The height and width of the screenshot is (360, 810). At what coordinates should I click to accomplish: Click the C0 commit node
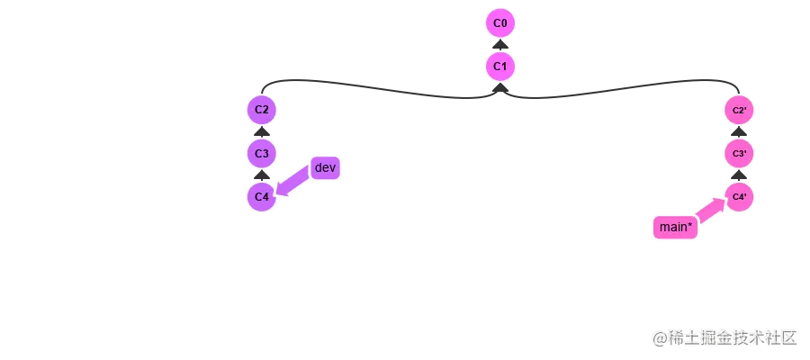pyautogui.click(x=500, y=22)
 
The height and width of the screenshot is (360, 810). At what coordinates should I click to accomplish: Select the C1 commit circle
pyautogui.click(x=500, y=66)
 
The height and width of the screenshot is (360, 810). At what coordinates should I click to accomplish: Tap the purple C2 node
pyautogui.click(x=261, y=110)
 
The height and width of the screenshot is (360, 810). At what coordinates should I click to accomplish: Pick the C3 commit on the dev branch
pyautogui.click(x=261, y=153)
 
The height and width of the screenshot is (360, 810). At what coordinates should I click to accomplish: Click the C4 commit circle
pyautogui.click(x=261, y=196)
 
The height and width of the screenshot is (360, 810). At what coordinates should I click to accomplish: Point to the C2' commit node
pyautogui.click(x=739, y=110)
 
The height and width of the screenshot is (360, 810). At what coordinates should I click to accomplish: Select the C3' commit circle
pyautogui.click(x=739, y=153)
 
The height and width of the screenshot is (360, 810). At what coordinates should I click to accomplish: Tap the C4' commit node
pyautogui.click(x=739, y=196)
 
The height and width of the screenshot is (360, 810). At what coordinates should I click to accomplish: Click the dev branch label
pyautogui.click(x=324, y=167)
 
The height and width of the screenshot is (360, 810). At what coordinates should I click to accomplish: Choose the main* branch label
pyautogui.click(x=676, y=228)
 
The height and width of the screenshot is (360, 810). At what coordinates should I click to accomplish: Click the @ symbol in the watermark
pyautogui.click(x=659, y=337)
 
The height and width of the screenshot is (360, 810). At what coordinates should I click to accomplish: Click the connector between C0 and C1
pyautogui.click(x=500, y=44)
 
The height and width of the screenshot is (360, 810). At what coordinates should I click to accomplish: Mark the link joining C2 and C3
pyautogui.click(x=261, y=131)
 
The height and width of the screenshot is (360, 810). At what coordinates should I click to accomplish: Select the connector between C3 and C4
pyautogui.click(x=261, y=175)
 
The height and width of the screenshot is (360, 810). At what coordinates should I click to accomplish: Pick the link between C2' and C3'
pyautogui.click(x=739, y=131)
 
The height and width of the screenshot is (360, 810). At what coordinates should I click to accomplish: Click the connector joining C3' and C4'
pyautogui.click(x=739, y=175)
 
